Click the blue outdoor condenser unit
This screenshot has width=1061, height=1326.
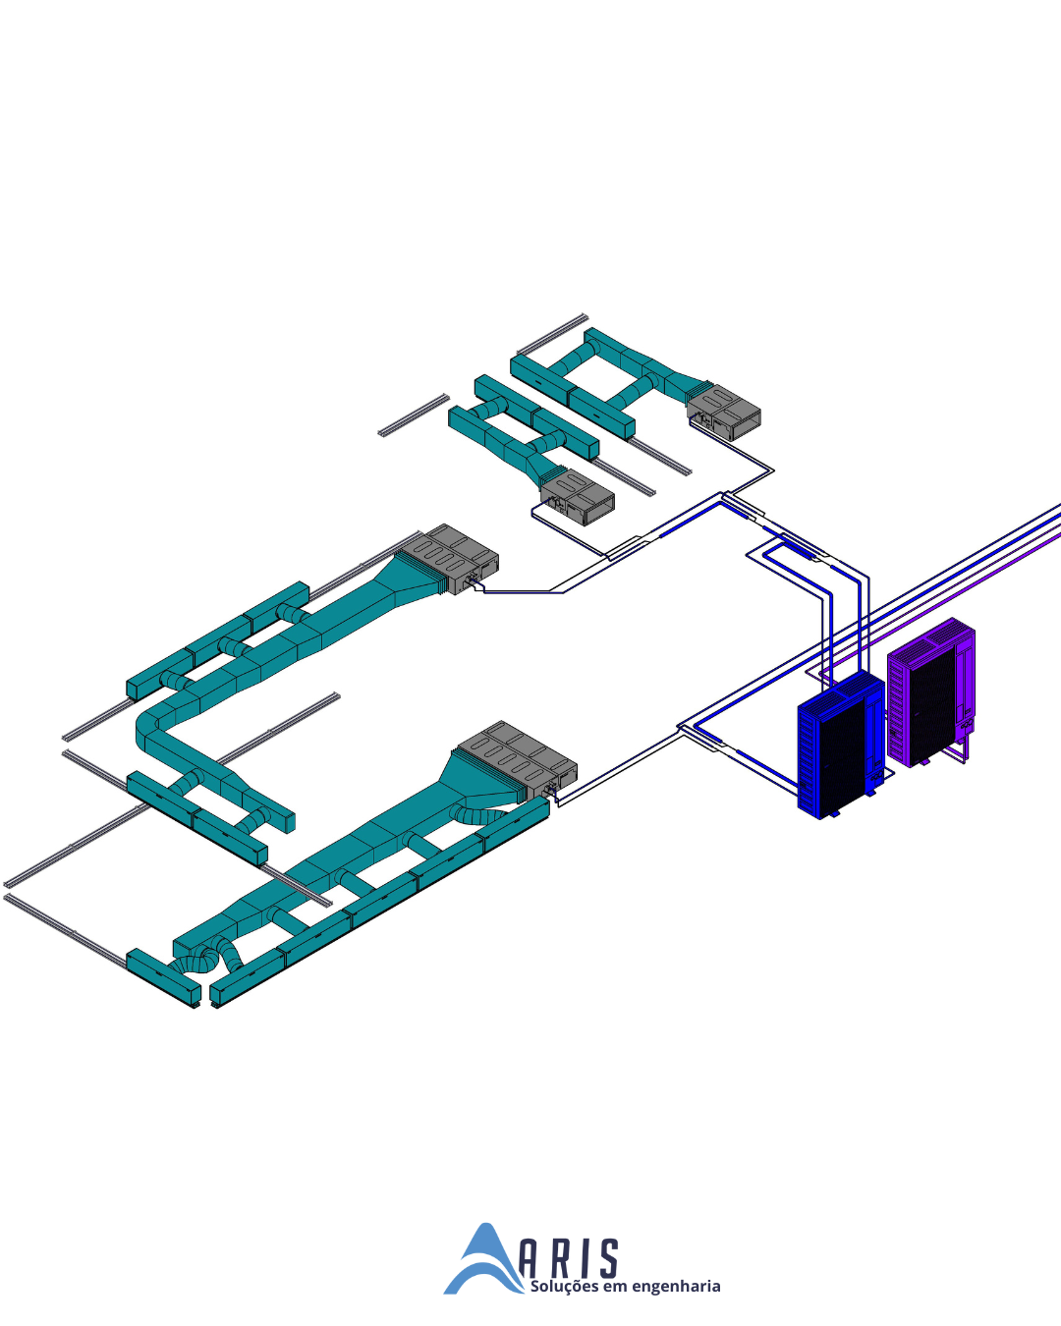pyautogui.click(x=841, y=745)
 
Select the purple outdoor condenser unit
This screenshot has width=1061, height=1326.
pyautogui.click(x=931, y=692)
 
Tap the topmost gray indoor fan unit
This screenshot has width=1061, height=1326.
pyautogui.click(x=724, y=412)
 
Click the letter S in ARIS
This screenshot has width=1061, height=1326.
pyautogui.click(x=608, y=1259)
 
